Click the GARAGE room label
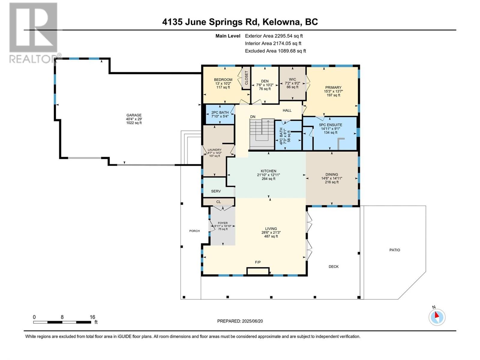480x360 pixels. click(x=134, y=115)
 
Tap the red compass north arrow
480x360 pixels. click(x=436, y=315)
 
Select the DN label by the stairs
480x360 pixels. click(x=253, y=117)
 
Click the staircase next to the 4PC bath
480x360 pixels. click(x=262, y=134)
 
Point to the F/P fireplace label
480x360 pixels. click(x=258, y=262)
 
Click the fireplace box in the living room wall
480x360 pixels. click(x=258, y=271)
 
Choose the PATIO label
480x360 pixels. click(x=394, y=250)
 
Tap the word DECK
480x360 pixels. click(x=334, y=267)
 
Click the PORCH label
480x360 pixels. click(x=194, y=231)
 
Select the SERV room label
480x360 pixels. click(x=216, y=191)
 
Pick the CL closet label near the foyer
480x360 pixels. click(x=218, y=202)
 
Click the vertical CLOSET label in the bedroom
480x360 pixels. click(x=247, y=78)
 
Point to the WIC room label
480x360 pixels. click(x=292, y=79)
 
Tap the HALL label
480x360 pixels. click(x=287, y=110)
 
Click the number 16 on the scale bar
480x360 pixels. click(x=92, y=317)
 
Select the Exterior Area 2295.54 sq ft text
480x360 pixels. click(x=274, y=36)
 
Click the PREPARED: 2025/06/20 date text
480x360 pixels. click(x=240, y=321)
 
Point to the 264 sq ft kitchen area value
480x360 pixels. click(x=268, y=178)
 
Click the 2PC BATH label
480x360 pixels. click(x=220, y=112)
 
